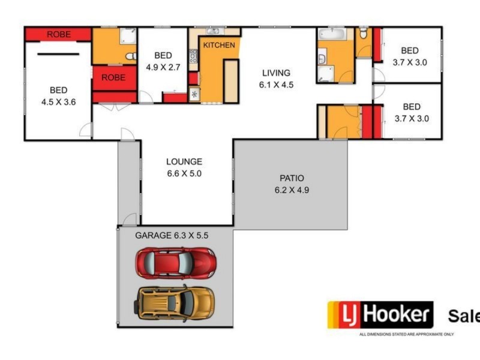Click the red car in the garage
pos(175,262)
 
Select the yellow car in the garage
pos(175,302)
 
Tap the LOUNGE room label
pos(184,161)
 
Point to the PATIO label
pos(292,178)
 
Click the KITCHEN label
pos(218,46)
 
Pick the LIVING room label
pos(276,73)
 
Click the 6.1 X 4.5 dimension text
pos(276,85)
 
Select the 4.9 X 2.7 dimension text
pos(163,67)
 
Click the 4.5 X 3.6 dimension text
pos(58,102)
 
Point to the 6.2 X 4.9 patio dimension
pos(292,190)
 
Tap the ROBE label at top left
pos(58,35)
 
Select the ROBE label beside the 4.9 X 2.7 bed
pos(113,77)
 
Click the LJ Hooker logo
pos(380,314)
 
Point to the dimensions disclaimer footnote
pos(406,334)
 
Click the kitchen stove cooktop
pos(193,56)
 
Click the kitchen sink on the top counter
pos(213,31)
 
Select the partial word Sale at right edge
pos(463,316)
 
